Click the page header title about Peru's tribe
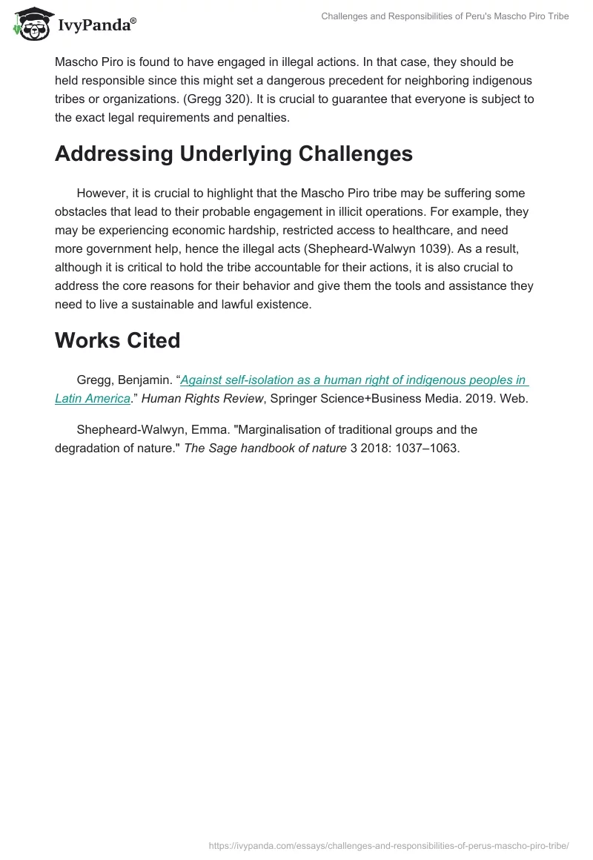[445, 16]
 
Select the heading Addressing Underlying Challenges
[233, 153]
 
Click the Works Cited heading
[118, 340]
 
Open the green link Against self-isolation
[354, 380]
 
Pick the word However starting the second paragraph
[102, 193]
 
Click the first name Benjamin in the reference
[145, 380]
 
